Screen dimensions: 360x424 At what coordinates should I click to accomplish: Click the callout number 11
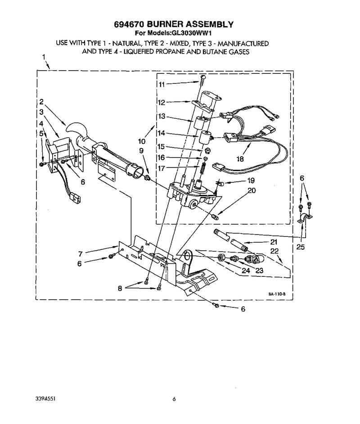click(162, 84)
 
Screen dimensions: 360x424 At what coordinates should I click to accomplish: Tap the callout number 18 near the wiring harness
click(240, 159)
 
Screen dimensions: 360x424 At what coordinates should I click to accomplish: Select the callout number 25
click(301, 247)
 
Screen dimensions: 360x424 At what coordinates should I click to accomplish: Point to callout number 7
click(80, 254)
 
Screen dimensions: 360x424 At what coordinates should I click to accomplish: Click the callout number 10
click(142, 141)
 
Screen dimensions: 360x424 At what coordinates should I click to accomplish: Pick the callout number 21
click(274, 242)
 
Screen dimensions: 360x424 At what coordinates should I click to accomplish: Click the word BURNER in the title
click(164, 24)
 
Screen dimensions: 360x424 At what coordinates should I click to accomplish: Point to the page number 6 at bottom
click(174, 399)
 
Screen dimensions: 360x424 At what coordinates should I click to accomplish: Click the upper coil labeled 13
click(199, 122)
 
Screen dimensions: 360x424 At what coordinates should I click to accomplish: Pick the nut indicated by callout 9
click(148, 178)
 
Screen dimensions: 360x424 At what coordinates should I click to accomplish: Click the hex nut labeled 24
click(221, 257)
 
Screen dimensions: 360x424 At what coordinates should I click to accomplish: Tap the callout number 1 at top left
click(44, 57)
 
